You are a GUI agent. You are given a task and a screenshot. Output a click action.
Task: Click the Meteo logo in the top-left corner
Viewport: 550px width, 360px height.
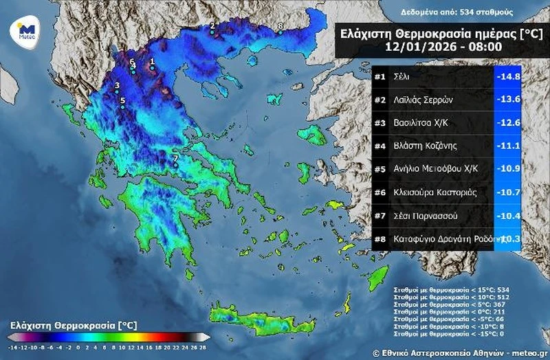click(x=25, y=32)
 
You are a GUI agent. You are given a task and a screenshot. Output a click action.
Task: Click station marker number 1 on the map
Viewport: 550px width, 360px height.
click(x=152, y=67)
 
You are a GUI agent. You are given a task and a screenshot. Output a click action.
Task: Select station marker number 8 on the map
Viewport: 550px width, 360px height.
click(x=280, y=32)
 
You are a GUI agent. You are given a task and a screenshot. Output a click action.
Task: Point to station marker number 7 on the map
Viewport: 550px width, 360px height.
click(x=175, y=165)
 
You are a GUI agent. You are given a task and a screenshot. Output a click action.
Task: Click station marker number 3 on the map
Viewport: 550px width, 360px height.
click(x=117, y=92)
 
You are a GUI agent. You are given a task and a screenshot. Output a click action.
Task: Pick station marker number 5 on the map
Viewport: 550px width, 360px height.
click(x=123, y=107)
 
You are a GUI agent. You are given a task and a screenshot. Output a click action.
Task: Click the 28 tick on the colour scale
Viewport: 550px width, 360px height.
click(x=203, y=348)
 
